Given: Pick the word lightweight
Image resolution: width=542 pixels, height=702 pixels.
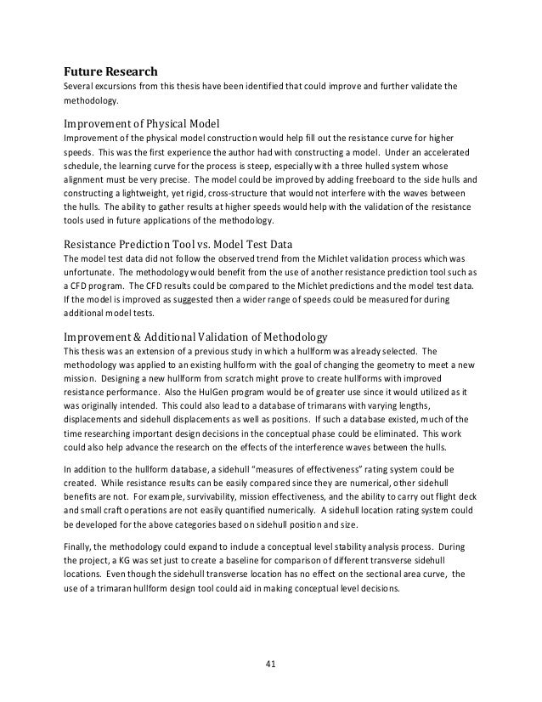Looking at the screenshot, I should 133,194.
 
